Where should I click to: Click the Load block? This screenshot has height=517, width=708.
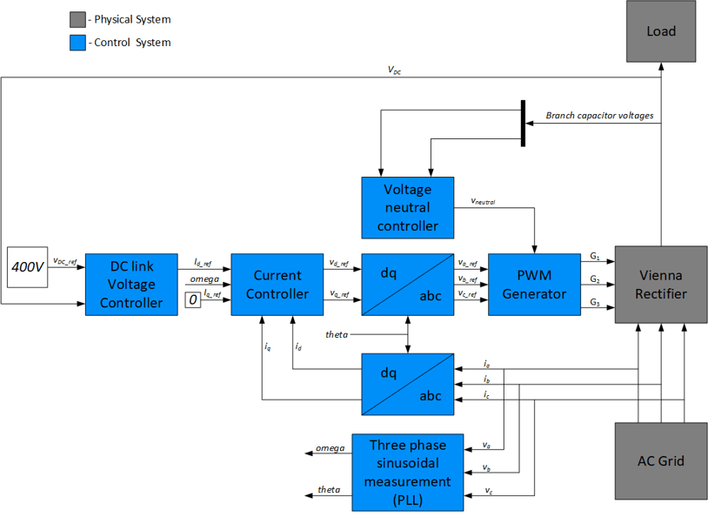pyautogui.click(x=661, y=31)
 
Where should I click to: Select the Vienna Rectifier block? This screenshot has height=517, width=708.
pyautogui.click(x=660, y=285)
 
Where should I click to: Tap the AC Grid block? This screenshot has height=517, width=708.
pyautogui.click(x=660, y=460)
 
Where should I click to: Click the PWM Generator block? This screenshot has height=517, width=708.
pyautogui.click(x=534, y=285)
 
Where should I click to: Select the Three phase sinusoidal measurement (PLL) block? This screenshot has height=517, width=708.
pyautogui.click(x=406, y=472)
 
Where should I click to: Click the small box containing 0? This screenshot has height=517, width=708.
pyautogui.click(x=193, y=301)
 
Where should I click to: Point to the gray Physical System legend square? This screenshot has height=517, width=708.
pyautogui.click(x=77, y=19)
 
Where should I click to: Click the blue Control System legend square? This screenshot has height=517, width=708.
pyautogui.click(x=77, y=42)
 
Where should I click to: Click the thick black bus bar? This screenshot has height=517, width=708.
pyautogui.click(x=523, y=123)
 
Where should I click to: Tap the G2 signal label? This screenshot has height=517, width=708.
pyautogui.click(x=595, y=279)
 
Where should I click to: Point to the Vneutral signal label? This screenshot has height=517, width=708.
pyautogui.click(x=483, y=201)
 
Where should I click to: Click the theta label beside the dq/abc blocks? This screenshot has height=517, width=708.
pyautogui.click(x=337, y=334)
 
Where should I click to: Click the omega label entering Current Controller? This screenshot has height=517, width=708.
pyautogui.click(x=205, y=279)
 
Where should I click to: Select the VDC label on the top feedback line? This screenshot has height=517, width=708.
pyautogui.click(x=395, y=71)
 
